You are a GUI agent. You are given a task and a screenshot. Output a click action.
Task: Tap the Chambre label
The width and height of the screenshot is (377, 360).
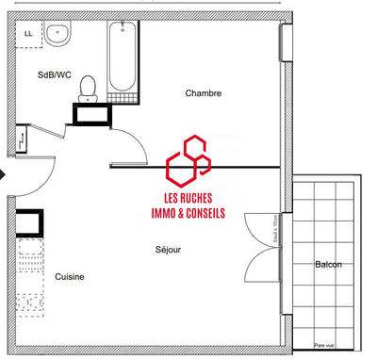tap(203, 92)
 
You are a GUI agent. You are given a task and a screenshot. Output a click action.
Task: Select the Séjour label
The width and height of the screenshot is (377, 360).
tap(169, 250)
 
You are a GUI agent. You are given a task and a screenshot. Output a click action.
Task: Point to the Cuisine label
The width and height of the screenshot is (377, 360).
tap(70, 276)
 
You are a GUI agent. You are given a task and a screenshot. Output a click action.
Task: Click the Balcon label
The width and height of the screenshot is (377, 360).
tap(328, 265)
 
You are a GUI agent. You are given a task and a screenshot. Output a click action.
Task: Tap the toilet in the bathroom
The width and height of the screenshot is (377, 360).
tap(89, 88)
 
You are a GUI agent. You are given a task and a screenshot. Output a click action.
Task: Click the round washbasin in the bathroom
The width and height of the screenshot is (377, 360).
tap(58, 35)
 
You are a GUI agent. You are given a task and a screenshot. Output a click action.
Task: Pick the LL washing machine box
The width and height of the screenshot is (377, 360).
tap(28, 33)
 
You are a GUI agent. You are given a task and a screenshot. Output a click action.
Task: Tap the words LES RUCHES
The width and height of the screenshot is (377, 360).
tap(188, 201)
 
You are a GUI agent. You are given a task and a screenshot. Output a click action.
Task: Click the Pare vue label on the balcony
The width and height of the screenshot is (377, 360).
tap(325, 346)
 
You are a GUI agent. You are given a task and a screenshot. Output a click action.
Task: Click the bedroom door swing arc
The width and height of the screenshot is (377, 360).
tap(135, 141)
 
